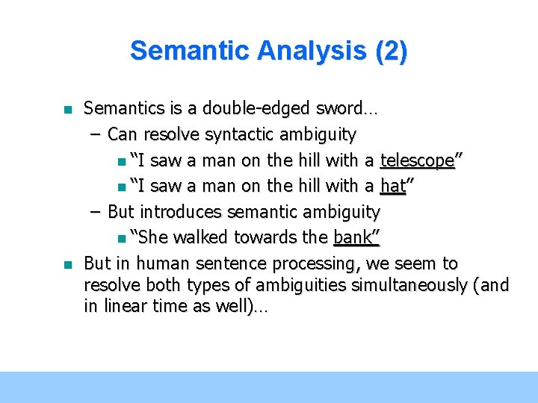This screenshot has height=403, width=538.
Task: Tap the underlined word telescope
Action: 418,160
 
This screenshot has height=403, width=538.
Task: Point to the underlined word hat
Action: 393,187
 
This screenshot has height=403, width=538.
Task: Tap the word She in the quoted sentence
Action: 151,238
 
